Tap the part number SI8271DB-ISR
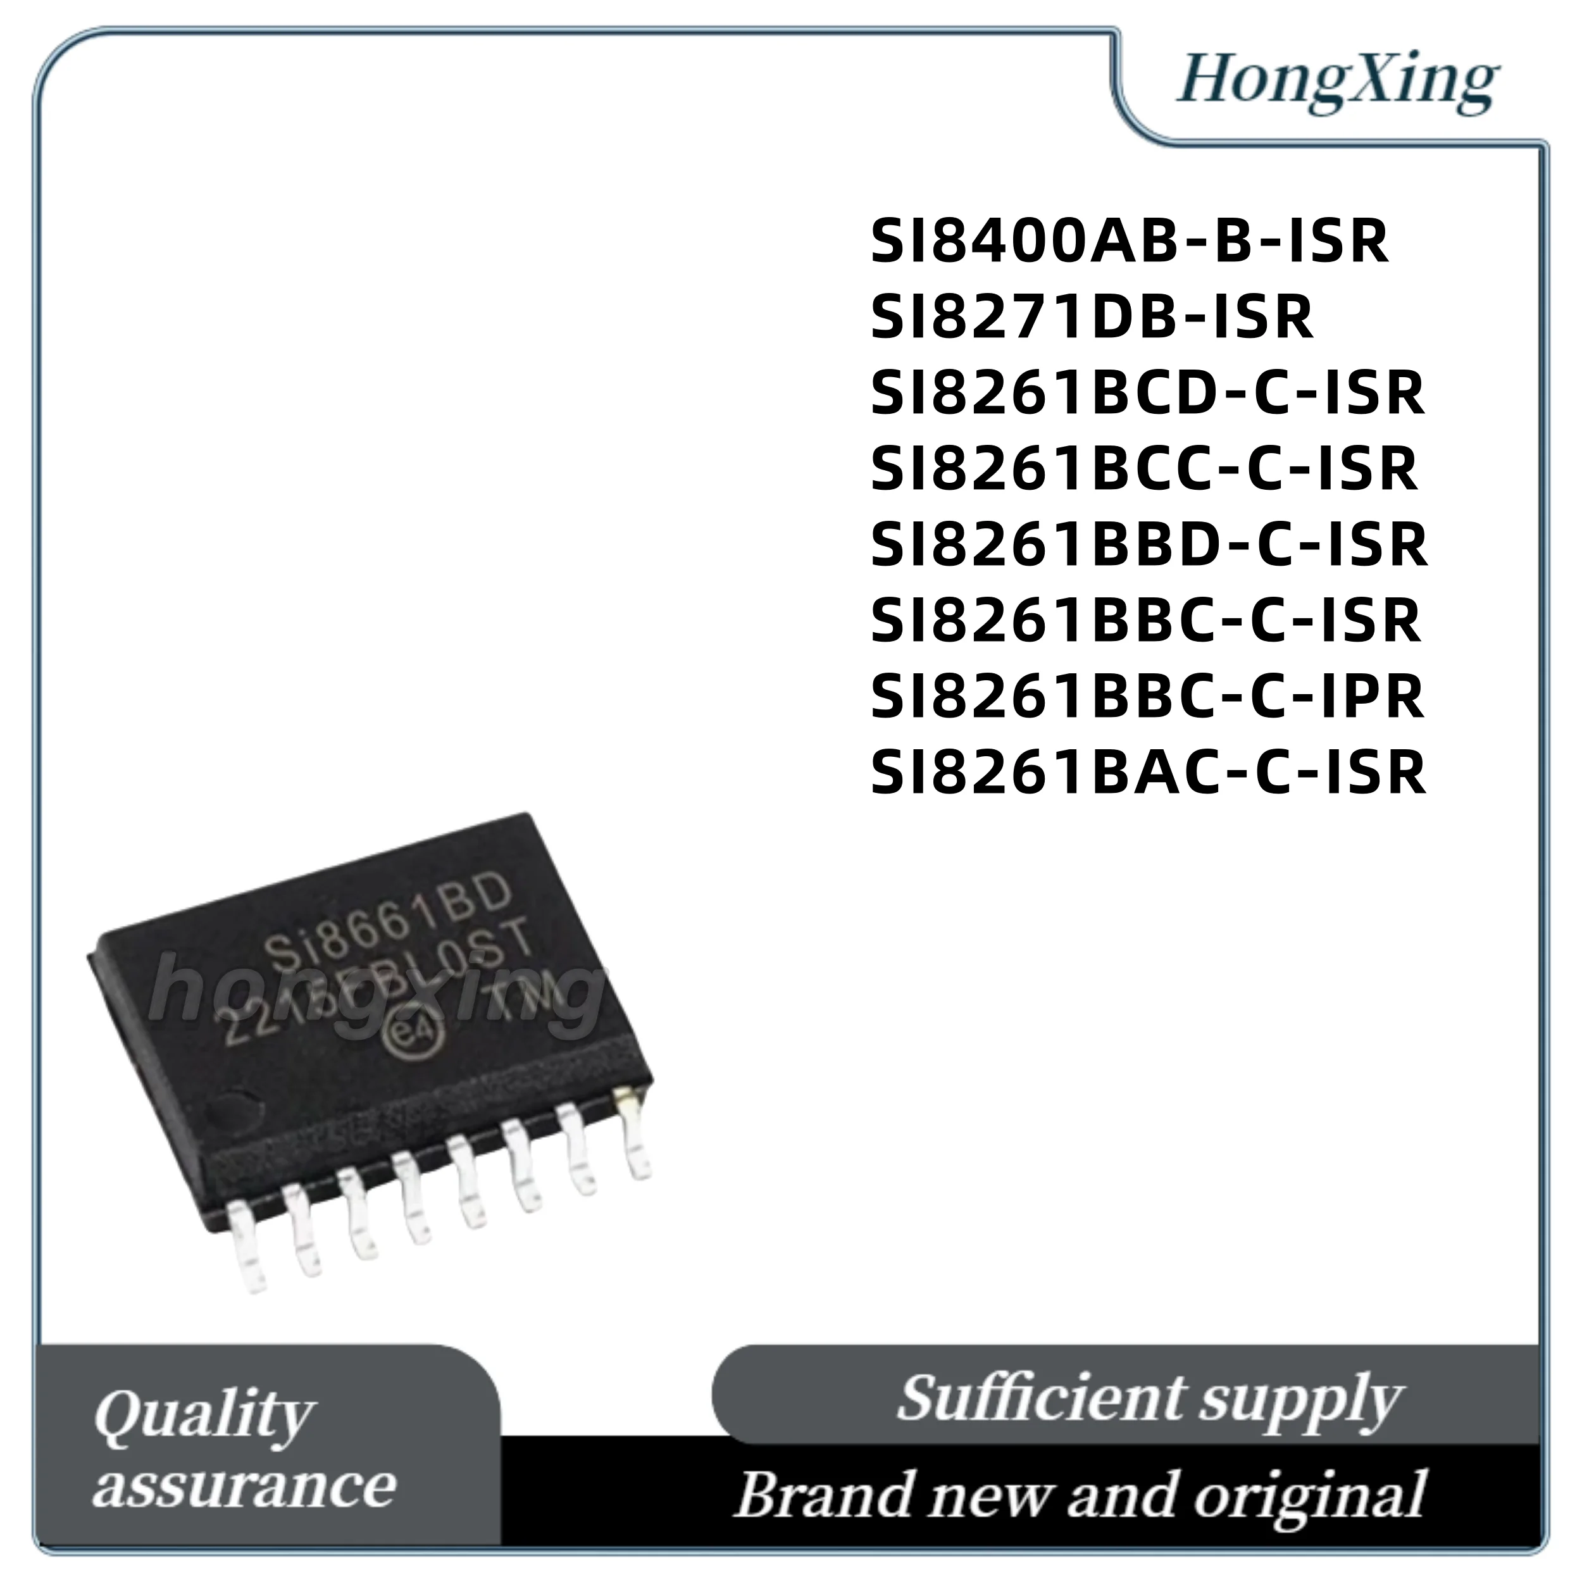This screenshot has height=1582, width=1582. coord(1092,318)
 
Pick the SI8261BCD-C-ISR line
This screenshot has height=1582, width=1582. coord(1148,393)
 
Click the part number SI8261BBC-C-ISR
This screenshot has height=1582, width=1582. coord(1145,621)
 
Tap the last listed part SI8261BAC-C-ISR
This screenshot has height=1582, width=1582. coord(1148,771)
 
